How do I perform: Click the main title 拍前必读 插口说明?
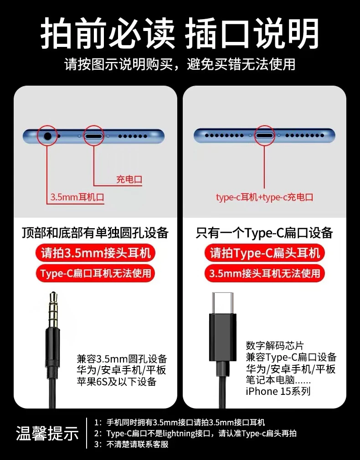coord(180,33)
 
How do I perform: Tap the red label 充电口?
coord(129,179)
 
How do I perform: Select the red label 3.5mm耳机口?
coord(77,197)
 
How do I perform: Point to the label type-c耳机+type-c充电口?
coord(265,197)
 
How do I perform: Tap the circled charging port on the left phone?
coord(94,136)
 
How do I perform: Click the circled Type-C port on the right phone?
coord(264,136)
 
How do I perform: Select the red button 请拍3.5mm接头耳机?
coord(96,253)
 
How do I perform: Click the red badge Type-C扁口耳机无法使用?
coord(96,273)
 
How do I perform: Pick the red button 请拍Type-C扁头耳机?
coord(265,253)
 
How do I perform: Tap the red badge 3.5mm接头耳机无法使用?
coord(265,273)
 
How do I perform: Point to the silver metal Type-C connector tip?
coord(223,303)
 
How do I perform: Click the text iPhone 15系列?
coord(278,391)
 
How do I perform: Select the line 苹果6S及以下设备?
coord(117,382)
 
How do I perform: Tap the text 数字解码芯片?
coord(275,346)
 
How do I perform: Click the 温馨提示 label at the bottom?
coord(47,433)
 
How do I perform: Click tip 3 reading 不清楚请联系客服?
coord(138,445)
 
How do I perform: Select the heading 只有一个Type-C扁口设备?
coord(264,233)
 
